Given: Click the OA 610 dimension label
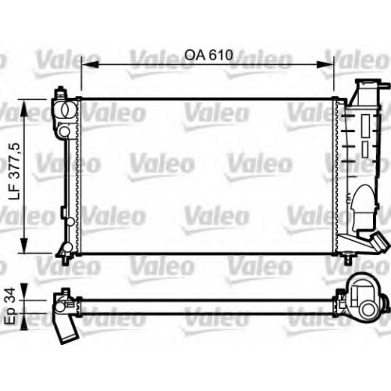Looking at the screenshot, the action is click(x=209, y=55).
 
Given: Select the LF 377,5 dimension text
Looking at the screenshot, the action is click(x=15, y=171).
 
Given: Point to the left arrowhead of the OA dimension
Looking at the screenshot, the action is click(x=90, y=65).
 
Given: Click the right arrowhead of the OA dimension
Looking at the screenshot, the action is click(x=325, y=65).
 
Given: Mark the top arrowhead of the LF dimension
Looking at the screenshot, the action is click(x=24, y=108).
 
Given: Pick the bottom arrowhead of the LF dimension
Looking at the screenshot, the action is click(x=24, y=244).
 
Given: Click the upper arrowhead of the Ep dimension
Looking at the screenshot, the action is click(x=23, y=292).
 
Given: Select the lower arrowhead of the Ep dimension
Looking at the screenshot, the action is click(x=23, y=321).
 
